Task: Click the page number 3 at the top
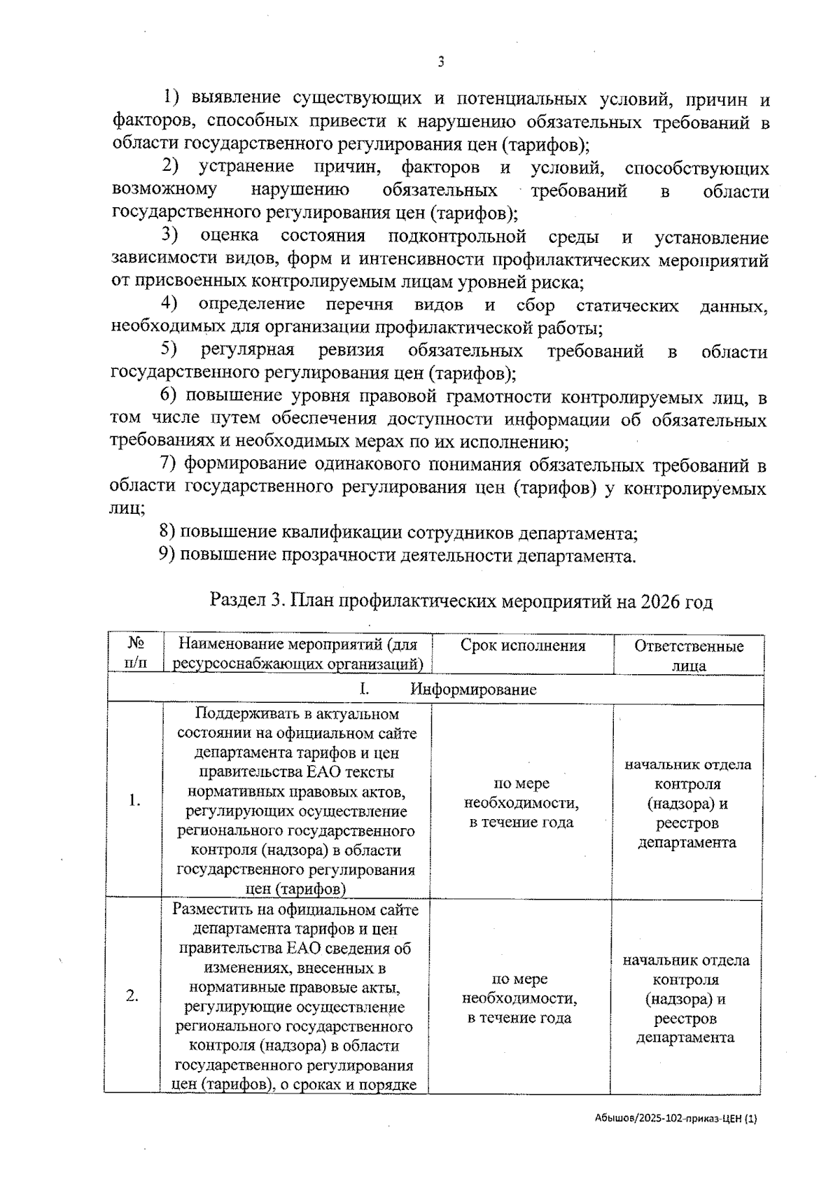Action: point(440,62)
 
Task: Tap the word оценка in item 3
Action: point(229,236)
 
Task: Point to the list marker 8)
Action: point(167,533)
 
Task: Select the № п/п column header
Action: point(136,653)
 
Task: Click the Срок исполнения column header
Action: point(522,645)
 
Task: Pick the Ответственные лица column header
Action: point(689,655)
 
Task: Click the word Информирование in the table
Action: point(473,689)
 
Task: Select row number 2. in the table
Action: point(132,996)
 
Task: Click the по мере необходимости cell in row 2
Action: point(520,998)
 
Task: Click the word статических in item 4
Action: point(627,305)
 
